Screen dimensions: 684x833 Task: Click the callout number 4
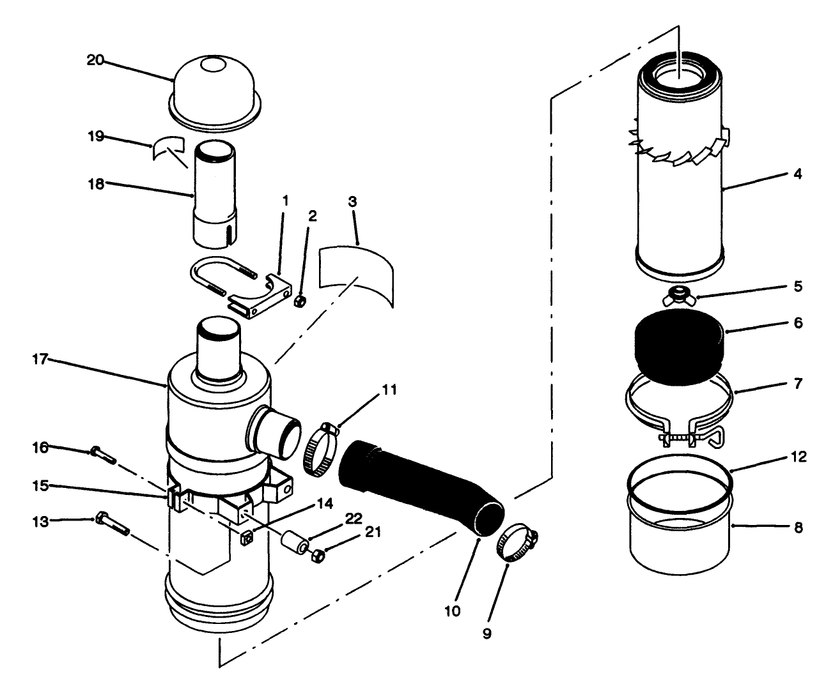click(797, 174)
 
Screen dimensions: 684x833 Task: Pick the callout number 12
click(798, 457)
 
